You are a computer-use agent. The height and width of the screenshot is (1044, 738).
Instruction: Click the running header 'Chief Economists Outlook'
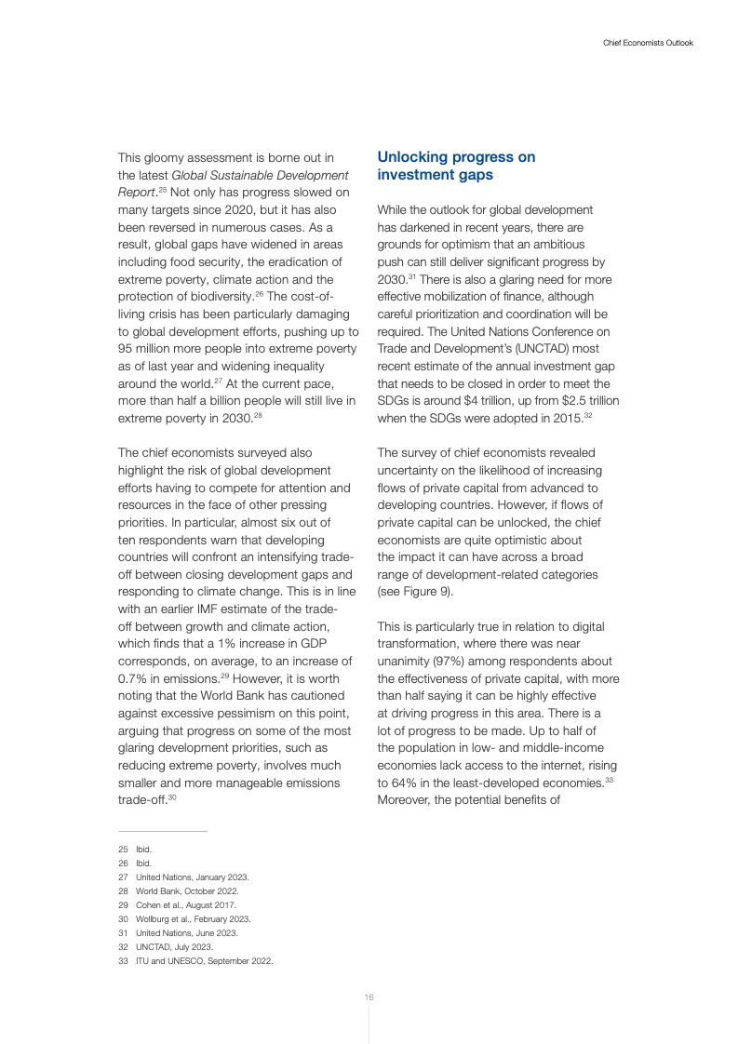[x=642, y=43]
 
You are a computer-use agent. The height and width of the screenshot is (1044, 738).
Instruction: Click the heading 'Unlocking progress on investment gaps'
[x=456, y=166]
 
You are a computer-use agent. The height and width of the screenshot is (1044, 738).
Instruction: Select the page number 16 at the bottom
[x=369, y=997]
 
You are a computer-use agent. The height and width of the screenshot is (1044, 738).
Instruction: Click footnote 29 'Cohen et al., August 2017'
[x=186, y=905]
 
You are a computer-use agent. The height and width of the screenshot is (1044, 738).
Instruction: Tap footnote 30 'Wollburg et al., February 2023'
[x=193, y=919]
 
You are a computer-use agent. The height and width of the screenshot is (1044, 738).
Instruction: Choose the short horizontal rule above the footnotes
[x=163, y=831]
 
